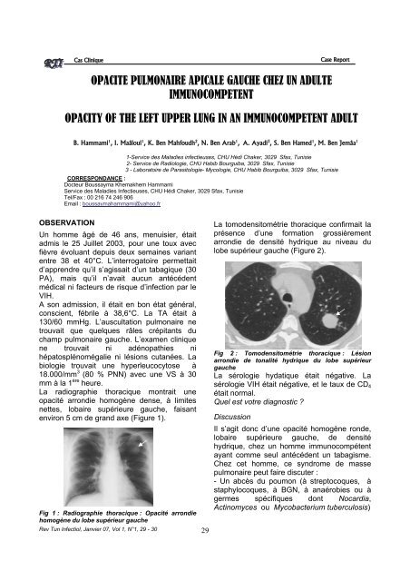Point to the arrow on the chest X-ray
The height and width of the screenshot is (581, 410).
coord(143,443)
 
